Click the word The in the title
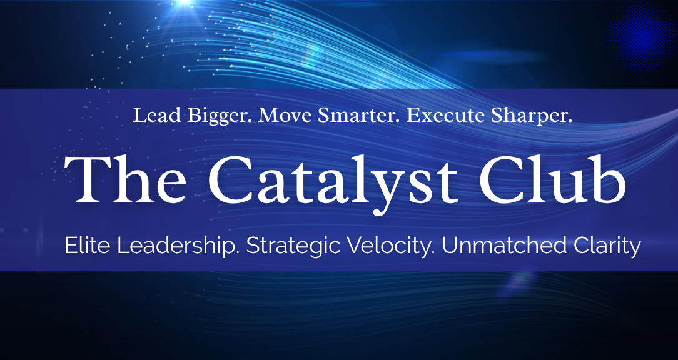click(125, 179)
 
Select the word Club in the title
click(552, 179)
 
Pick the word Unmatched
click(504, 246)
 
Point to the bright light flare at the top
click(185, 2)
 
